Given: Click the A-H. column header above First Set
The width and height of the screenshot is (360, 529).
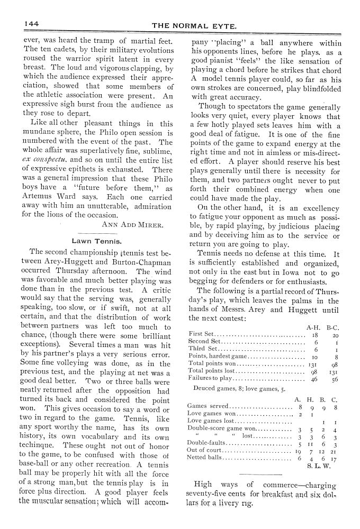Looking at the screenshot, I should [312, 327].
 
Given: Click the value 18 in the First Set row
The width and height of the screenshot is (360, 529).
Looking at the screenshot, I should [314, 335].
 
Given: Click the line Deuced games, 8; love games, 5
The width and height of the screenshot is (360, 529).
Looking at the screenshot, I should [239, 388].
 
